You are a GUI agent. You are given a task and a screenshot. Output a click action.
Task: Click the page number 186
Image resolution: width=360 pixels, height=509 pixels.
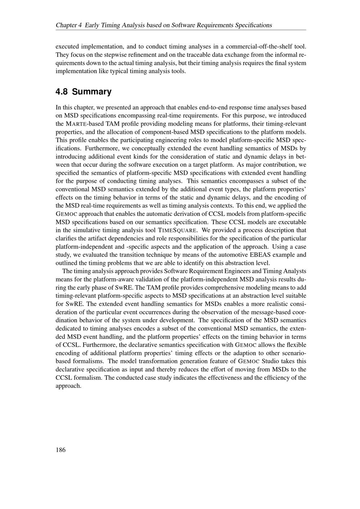pyautogui.click(x=60, y=450)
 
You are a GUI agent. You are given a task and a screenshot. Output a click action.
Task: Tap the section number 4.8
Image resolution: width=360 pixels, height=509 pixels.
pyautogui.click(x=62, y=92)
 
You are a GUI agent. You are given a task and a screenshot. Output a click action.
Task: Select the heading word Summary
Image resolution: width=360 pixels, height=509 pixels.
pyautogui.click(x=92, y=92)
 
